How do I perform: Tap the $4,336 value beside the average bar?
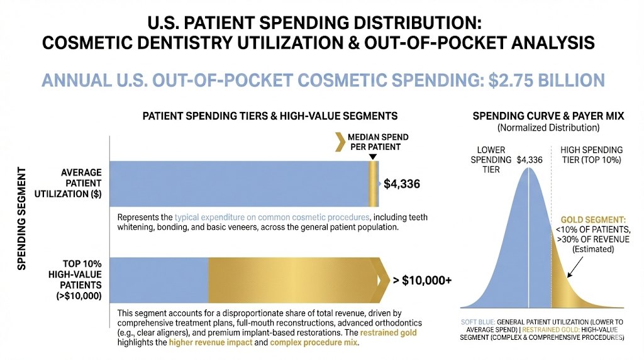[402, 184]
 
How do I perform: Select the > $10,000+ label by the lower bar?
[422, 281]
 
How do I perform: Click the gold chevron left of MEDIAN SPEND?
[340, 142]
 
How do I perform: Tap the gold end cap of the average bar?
[373, 184]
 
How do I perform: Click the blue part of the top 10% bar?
[159, 281]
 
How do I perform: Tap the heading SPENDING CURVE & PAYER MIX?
[548, 116]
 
